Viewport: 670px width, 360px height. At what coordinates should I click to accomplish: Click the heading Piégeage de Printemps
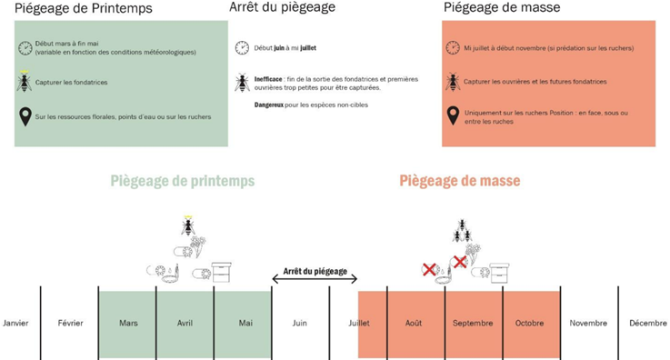pos(84,8)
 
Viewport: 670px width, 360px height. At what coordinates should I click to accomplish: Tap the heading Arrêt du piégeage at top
pos(282,7)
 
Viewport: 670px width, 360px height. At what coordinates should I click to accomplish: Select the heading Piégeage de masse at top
pos(502,7)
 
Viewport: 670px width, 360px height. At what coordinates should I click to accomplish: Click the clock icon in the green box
pos(25,47)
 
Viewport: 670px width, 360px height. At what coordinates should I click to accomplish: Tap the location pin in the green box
pos(25,116)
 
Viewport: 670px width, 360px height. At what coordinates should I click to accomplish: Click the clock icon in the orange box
pos(453,48)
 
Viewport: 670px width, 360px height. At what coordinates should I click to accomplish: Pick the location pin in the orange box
pos(453,116)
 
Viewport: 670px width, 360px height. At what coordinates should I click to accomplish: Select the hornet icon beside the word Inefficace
pos(242,83)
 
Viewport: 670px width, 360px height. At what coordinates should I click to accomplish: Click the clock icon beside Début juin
pos(242,48)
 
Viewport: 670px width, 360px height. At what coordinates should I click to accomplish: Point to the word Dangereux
pos(272,105)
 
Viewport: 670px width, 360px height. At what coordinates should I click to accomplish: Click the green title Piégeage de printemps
pos(183,181)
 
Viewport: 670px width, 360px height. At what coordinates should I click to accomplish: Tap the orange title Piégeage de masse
pos(460,181)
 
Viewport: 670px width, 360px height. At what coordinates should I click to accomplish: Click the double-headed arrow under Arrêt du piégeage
pos(315,279)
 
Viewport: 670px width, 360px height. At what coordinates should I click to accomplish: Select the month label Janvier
pos(15,323)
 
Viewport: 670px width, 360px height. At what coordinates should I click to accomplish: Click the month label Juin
pos(299,323)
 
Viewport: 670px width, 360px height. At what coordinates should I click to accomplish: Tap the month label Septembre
pos(473,323)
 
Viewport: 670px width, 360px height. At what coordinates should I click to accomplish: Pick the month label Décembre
pos(646,323)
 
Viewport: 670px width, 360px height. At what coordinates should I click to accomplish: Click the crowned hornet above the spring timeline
pos(188,225)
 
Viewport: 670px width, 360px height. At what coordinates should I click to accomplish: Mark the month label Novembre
pos(588,323)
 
